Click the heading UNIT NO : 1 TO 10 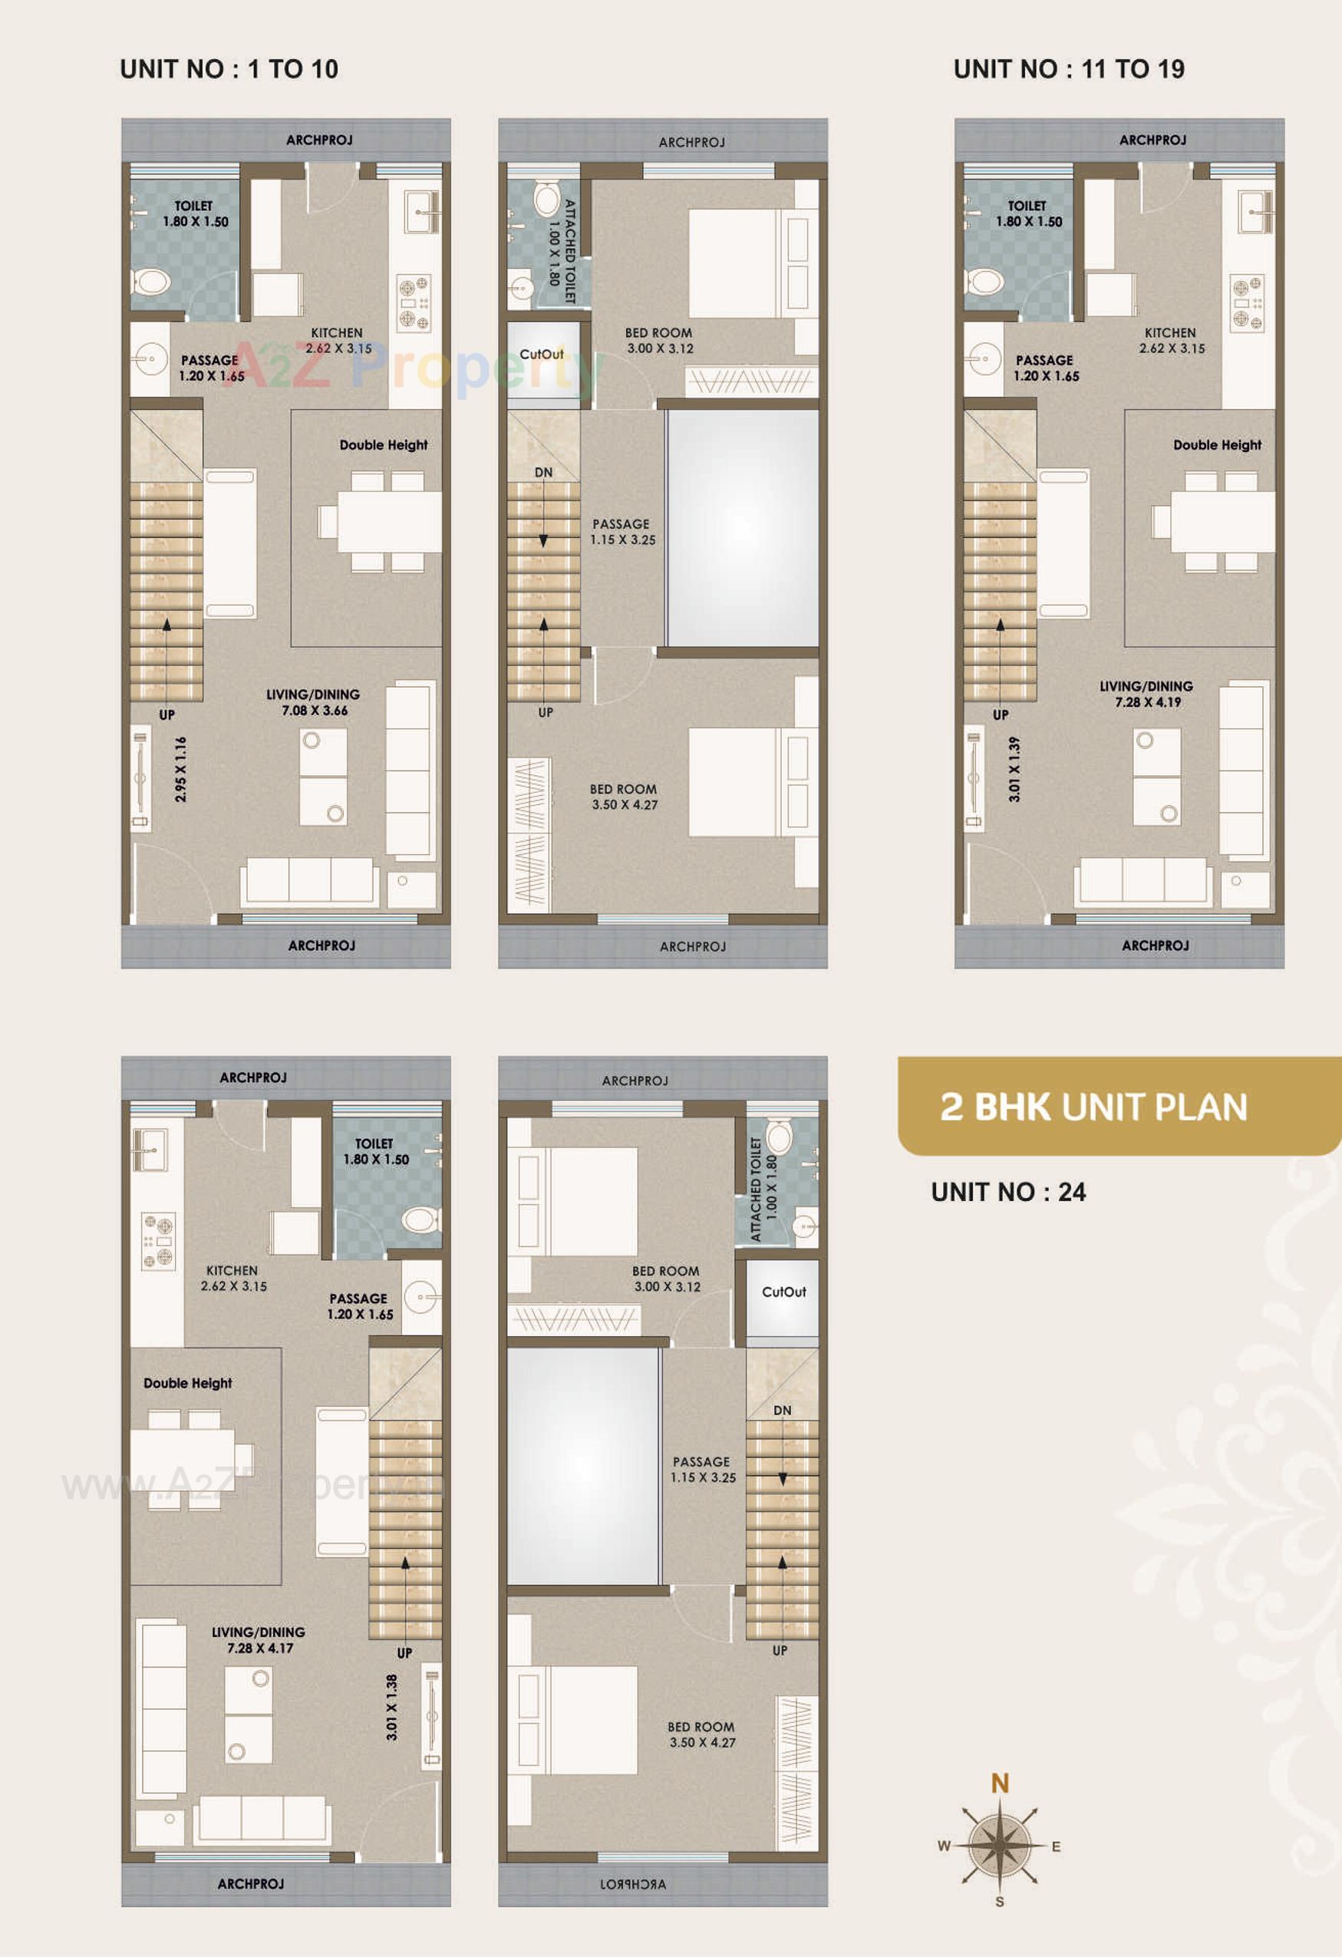tap(229, 69)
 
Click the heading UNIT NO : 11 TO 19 tap(1068, 69)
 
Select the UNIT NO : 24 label tap(1007, 1192)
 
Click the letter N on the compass tap(999, 1783)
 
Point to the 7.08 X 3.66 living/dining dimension tap(314, 711)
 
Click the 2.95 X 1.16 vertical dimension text tap(181, 769)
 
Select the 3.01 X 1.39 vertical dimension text tap(1014, 769)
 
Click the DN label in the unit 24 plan tap(782, 1410)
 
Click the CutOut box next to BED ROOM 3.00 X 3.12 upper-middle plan tap(542, 355)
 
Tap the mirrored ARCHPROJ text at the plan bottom tap(633, 1884)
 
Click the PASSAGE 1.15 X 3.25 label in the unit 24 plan tap(703, 1470)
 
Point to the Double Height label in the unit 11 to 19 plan tap(1217, 444)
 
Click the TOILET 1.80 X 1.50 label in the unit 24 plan tap(375, 1151)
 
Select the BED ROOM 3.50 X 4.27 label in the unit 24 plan tap(702, 1734)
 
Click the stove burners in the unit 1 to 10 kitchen tap(414, 303)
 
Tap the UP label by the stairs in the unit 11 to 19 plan tap(1001, 714)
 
